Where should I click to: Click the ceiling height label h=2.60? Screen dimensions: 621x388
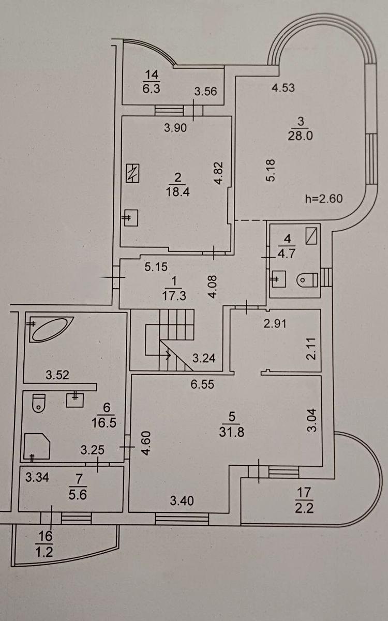coord(324,198)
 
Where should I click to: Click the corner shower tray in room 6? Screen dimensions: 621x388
coord(36,446)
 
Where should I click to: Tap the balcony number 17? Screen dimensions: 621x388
coord(305,491)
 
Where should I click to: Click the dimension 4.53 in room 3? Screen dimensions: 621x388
coord(283,87)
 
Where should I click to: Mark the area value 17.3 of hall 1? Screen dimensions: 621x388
coord(174,297)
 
